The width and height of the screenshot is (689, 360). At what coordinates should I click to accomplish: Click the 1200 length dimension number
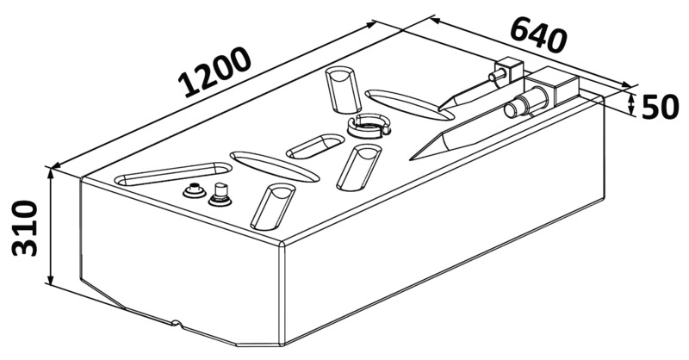[216, 71]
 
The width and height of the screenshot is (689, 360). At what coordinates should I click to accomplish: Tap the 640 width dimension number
[540, 35]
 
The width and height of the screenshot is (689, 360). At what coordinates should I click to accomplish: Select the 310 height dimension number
[23, 227]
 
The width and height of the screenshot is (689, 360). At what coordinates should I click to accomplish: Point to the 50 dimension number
[661, 107]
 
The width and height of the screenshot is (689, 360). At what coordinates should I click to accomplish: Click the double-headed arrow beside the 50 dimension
[634, 105]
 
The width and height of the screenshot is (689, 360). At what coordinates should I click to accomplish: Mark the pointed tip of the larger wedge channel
[413, 157]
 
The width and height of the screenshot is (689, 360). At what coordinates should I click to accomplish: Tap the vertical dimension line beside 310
[53, 227]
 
